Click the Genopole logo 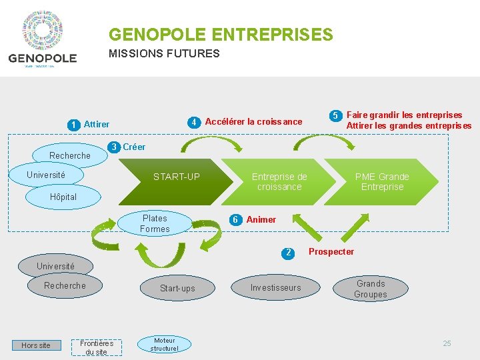[x=43, y=39]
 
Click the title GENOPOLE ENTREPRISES [x=221, y=34]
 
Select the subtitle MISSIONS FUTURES [x=164, y=54]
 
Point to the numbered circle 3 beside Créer [x=115, y=147]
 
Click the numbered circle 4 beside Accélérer [x=193, y=122]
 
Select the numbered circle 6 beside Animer [x=235, y=220]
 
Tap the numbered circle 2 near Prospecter [x=288, y=253]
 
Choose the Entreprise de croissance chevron [x=279, y=181]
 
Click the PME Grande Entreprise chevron [x=382, y=181]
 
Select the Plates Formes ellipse [x=155, y=224]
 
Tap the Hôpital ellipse [x=63, y=197]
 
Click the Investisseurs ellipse [x=275, y=288]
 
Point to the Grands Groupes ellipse [x=370, y=289]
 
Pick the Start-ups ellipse [x=177, y=288]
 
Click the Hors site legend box [x=36, y=345]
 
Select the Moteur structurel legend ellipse [x=164, y=344]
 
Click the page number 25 [x=447, y=343]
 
